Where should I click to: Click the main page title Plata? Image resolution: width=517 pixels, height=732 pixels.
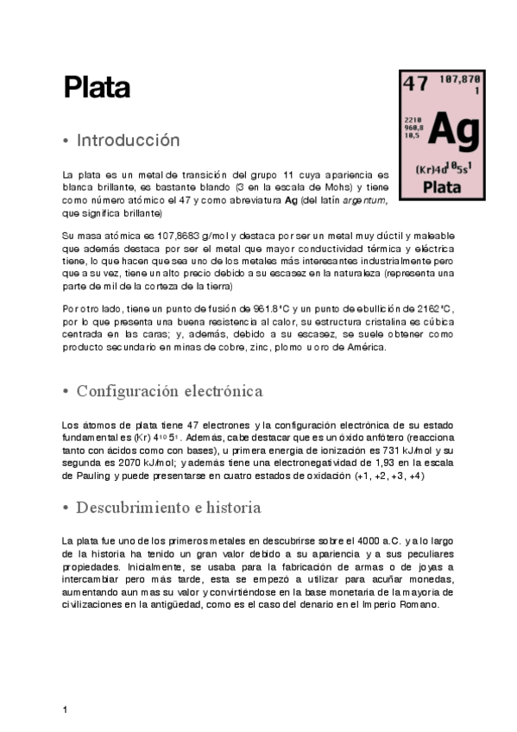[96, 87]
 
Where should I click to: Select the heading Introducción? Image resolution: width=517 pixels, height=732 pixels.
[128, 140]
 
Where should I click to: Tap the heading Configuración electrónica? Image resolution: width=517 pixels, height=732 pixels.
[169, 391]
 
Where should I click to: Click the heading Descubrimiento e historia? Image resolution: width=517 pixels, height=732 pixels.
[168, 507]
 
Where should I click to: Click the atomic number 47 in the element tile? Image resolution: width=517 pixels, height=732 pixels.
[415, 84]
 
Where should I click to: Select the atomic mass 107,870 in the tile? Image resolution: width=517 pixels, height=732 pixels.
[460, 79]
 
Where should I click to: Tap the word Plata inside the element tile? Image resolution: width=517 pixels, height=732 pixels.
[443, 186]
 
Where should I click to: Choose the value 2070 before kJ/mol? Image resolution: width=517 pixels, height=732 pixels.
[120, 464]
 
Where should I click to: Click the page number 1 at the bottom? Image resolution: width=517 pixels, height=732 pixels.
[65, 710]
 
